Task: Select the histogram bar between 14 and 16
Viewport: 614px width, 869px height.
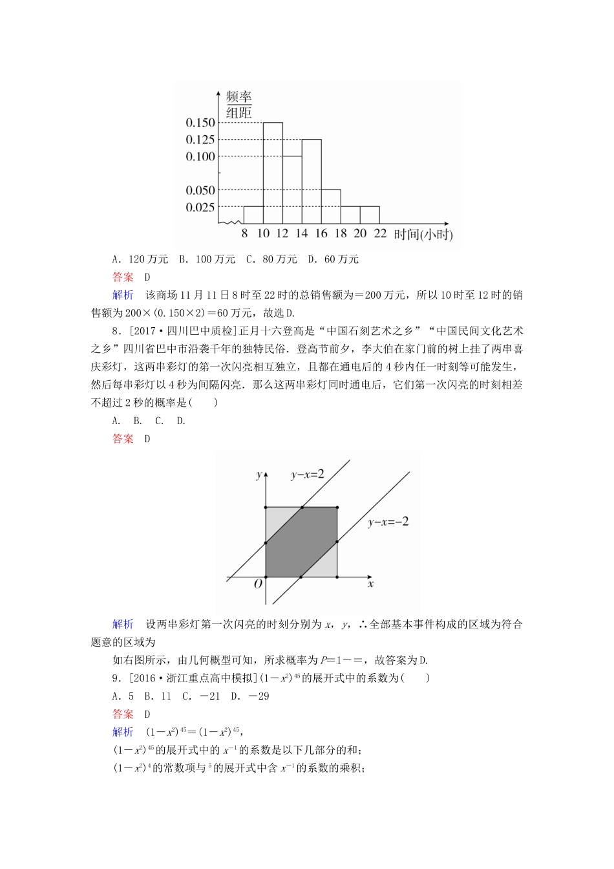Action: point(312,182)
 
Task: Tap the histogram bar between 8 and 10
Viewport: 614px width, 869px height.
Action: point(253,215)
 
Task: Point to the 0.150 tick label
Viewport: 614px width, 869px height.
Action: point(200,123)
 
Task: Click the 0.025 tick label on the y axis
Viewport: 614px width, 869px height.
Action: point(200,208)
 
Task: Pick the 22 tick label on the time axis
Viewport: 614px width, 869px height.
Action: point(380,234)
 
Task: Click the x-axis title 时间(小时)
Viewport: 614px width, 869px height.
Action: point(423,235)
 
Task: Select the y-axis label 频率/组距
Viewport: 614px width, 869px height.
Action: point(238,105)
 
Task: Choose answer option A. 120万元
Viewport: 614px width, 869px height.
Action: point(140,259)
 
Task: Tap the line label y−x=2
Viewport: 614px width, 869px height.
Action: point(307,475)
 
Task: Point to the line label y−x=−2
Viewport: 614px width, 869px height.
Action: point(388,522)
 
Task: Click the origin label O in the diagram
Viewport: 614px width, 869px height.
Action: point(258,584)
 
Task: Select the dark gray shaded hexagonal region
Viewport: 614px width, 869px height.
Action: point(301,542)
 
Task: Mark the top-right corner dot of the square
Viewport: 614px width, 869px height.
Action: point(337,508)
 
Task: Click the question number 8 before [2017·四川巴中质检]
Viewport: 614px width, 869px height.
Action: point(115,331)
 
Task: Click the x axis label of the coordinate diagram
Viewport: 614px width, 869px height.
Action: point(370,585)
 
